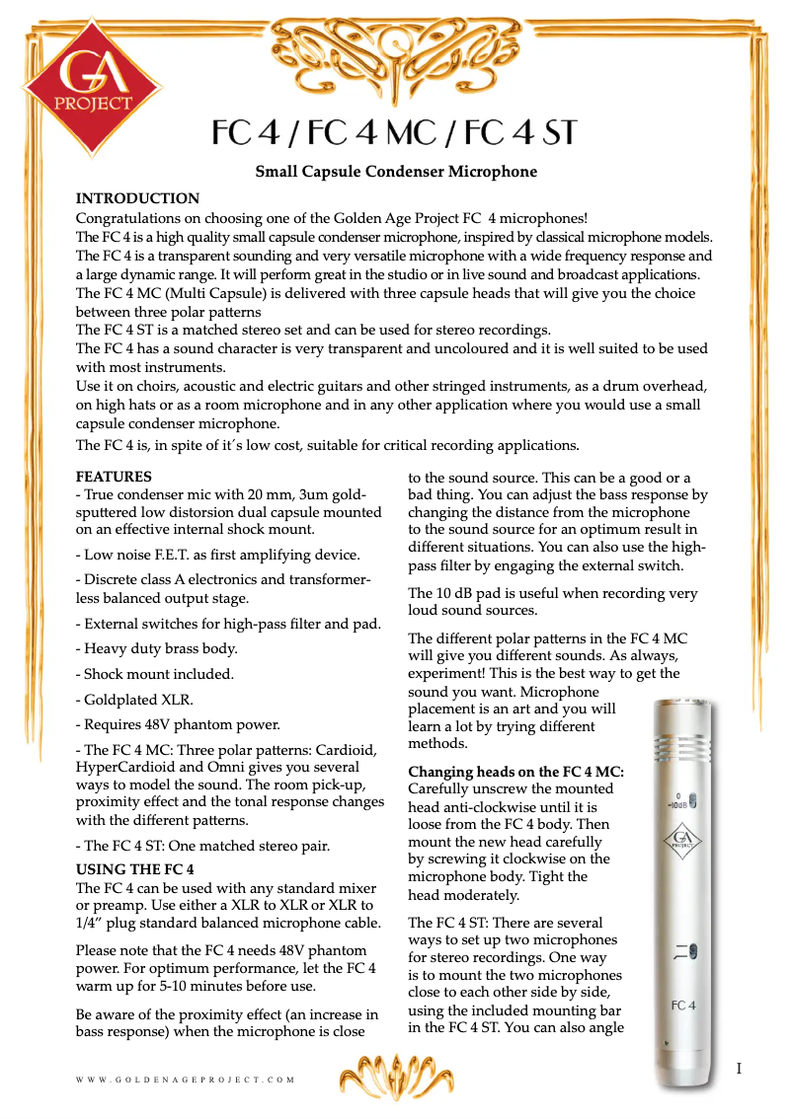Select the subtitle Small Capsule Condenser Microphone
(x=396, y=172)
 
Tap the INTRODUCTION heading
(x=137, y=198)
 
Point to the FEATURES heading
(x=114, y=477)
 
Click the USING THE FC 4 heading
(x=135, y=869)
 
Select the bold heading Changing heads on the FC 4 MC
(x=515, y=771)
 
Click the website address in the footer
(x=186, y=1081)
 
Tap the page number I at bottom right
(x=739, y=1069)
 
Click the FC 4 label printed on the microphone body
(x=683, y=1005)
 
